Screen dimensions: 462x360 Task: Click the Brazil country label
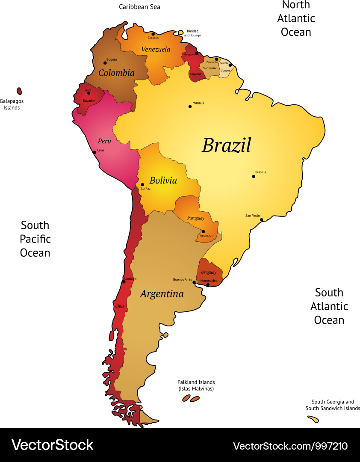226,145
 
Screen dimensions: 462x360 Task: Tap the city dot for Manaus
190,107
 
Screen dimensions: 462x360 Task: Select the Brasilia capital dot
254,176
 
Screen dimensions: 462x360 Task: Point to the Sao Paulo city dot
261,219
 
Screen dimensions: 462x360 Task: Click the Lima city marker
94,152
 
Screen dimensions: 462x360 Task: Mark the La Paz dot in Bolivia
142,185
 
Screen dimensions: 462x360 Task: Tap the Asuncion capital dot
203,231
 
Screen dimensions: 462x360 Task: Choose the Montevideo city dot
208,284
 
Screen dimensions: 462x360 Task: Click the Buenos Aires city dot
194,282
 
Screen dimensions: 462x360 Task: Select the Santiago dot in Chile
124,282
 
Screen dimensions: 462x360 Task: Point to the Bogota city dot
105,63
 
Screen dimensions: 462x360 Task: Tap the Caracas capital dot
153,34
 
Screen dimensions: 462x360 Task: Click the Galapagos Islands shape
19,91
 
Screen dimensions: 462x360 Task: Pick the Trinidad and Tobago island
180,32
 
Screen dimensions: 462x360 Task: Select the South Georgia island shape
313,419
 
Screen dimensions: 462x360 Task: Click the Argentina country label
162,294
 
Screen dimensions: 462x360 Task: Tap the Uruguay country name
209,272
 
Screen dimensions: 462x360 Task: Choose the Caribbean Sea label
139,7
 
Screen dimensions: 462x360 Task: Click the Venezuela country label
156,49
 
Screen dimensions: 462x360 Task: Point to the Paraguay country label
195,218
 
